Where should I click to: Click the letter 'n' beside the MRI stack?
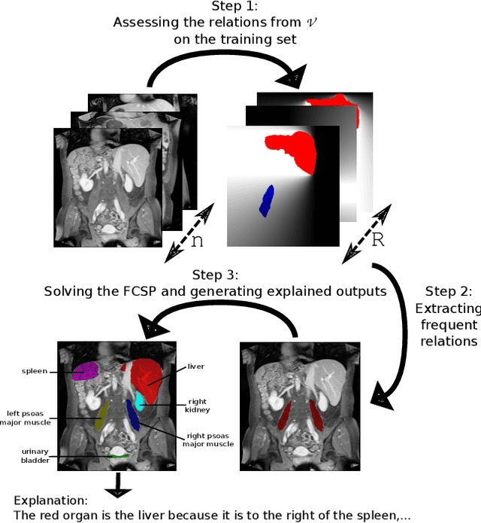click(x=197, y=242)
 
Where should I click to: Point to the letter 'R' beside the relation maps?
click(x=377, y=240)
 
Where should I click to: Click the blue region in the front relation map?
click(x=267, y=199)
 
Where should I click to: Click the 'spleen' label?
click(x=35, y=371)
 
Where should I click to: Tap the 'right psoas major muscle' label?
click(x=208, y=439)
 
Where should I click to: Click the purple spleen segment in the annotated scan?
click(x=85, y=370)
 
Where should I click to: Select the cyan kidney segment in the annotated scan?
click(x=140, y=400)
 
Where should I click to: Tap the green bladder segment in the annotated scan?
click(x=119, y=455)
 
